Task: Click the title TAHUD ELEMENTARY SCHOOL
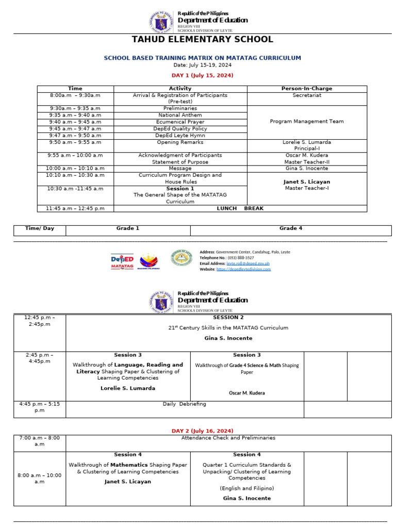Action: tap(202, 40)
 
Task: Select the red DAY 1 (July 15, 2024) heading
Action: tap(202, 75)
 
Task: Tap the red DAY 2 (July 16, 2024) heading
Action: tap(202, 431)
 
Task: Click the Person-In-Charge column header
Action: tap(307, 89)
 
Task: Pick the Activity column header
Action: tap(180, 89)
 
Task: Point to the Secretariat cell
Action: tap(307, 95)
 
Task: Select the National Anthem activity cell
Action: tap(180, 115)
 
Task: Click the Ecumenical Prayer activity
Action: tap(180, 122)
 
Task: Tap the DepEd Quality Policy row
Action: tap(180, 128)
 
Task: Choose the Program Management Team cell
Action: tap(307, 122)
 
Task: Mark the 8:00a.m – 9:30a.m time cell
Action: tap(75, 95)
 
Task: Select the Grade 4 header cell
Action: tap(290, 228)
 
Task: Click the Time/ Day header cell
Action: tap(40, 228)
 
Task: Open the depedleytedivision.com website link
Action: tap(243, 269)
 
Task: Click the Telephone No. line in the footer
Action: tap(227, 257)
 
